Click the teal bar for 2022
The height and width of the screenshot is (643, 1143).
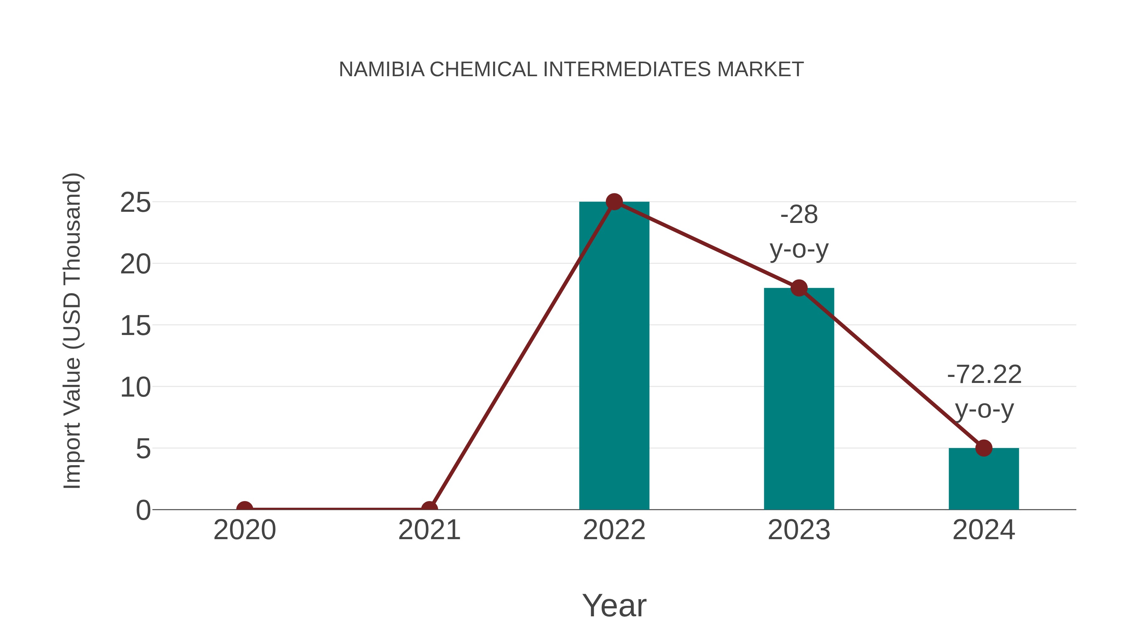[614, 355]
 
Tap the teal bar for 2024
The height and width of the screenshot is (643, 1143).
[984, 479]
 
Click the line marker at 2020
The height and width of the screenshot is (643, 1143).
[244, 509]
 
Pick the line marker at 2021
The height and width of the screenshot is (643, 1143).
[429, 509]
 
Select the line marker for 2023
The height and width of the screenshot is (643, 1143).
[799, 288]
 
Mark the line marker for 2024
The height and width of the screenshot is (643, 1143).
[984, 448]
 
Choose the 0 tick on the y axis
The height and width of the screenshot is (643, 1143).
[143, 510]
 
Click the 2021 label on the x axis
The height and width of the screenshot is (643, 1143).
[429, 530]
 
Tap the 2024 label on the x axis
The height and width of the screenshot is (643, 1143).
[984, 530]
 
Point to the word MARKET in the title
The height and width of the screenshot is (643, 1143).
[760, 70]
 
